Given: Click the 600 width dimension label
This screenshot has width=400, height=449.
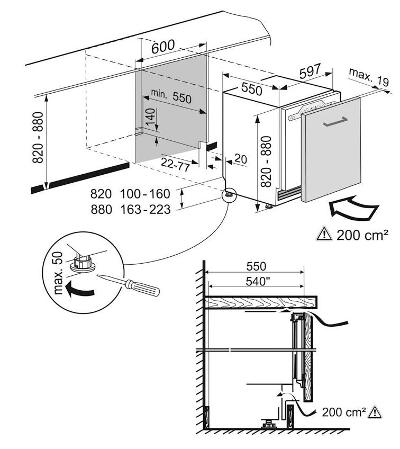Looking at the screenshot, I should [x=163, y=47].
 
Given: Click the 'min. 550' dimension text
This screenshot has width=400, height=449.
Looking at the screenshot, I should [x=170, y=96].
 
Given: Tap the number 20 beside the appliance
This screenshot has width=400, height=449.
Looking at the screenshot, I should [x=240, y=158].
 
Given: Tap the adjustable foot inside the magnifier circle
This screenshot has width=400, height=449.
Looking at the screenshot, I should [x=83, y=262].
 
